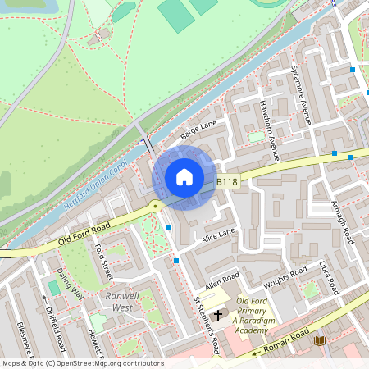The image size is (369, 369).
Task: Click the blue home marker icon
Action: [184, 177]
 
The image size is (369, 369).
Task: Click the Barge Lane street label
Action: [198, 128]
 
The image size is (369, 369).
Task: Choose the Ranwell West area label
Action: [116, 301]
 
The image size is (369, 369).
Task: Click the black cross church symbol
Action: [218, 315]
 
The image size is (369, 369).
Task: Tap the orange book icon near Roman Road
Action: [320, 340]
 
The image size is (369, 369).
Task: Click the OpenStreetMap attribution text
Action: [82, 363]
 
